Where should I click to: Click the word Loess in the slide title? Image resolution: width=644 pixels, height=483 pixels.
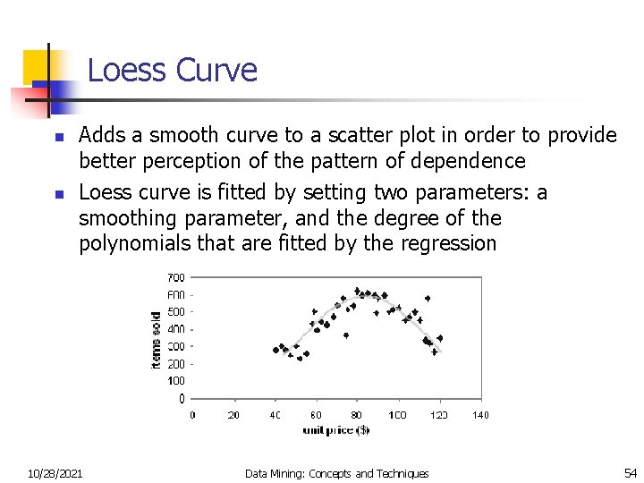[x=127, y=70]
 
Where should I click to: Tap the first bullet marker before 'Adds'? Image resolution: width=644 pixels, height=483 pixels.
[x=55, y=138]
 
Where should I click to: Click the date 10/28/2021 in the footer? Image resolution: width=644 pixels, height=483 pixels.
[x=55, y=473]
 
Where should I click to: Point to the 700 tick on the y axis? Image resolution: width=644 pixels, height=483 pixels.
[x=176, y=277]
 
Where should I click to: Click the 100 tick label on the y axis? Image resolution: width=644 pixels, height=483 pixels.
[x=176, y=381]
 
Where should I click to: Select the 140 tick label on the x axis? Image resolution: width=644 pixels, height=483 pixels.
[x=480, y=415]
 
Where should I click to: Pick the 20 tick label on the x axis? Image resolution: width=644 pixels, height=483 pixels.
[x=233, y=415]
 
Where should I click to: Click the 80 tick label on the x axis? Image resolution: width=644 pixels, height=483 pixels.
[x=357, y=415]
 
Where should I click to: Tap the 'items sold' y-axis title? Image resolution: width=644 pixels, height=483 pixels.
[x=157, y=340]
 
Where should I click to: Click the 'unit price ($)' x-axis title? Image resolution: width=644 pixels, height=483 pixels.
[x=335, y=429]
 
